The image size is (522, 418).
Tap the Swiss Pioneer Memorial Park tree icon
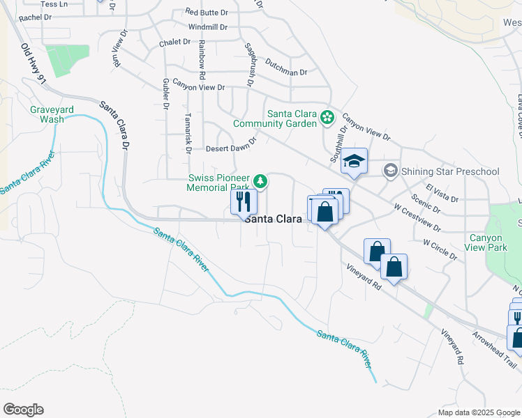(260, 182)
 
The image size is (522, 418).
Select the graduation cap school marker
(354, 162)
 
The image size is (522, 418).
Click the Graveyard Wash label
(47, 114)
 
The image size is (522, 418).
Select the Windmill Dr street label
(207, 27)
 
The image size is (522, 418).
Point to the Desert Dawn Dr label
(232, 144)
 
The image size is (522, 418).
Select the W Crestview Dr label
(417, 217)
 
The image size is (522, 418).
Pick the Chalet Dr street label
(174, 42)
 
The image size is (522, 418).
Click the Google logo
(23, 410)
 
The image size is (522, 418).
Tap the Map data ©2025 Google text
(478, 412)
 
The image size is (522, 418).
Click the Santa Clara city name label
(273, 218)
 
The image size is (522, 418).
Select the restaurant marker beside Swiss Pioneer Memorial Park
(244, 201)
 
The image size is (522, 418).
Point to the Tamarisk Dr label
(188, 131)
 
